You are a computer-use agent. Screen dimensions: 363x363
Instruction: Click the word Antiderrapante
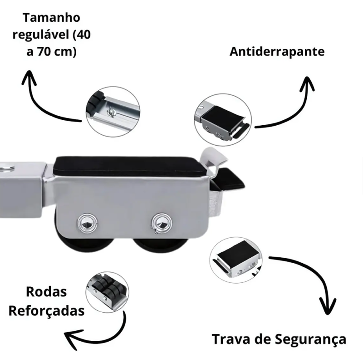coord(277,52)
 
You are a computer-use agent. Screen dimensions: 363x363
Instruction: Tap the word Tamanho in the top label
coord(51,18)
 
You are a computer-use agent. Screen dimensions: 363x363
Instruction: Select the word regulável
coord(41,35)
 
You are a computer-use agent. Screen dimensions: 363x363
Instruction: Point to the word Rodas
coord(46,291)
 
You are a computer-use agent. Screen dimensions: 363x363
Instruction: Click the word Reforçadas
coord(47,311)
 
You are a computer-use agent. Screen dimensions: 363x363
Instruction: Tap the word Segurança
coord(311,340)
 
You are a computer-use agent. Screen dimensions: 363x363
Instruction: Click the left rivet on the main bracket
coord(87,223)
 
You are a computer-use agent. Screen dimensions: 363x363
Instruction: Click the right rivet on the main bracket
coord(162,223)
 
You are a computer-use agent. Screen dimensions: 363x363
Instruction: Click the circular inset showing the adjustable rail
coord(113,112)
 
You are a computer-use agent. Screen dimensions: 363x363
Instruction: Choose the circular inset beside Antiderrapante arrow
coord(223,120)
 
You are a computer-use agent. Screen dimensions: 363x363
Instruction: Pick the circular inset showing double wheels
coord(107,292)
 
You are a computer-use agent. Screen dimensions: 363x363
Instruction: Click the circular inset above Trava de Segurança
coord(236,260)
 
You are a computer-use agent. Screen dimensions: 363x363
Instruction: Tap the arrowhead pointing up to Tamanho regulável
coord(29,78)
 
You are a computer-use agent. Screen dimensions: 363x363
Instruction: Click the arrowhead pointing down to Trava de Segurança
coord(328,306)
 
